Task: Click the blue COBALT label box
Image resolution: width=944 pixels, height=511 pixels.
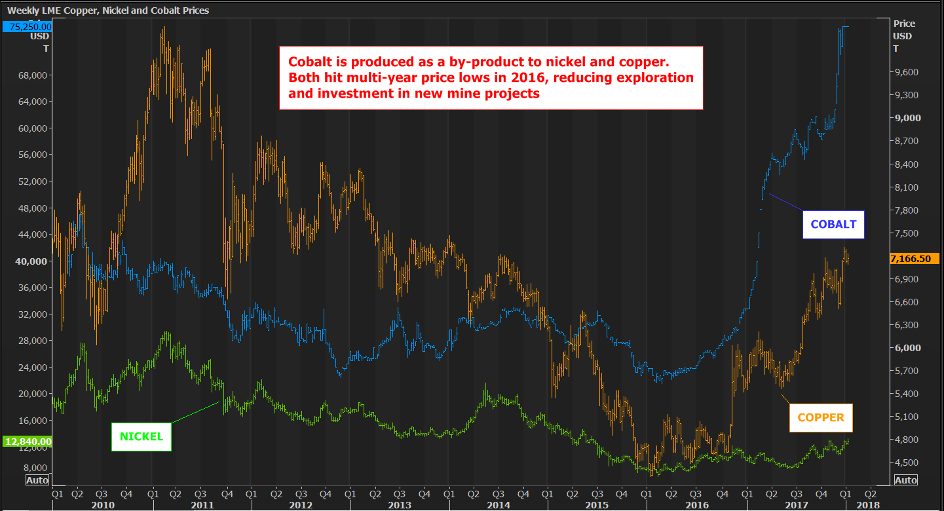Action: click(x=833, y=224)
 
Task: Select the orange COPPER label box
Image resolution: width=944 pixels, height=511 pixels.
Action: click(x=821, y=418)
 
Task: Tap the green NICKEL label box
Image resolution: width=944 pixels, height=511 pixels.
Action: click(x=142, y=436)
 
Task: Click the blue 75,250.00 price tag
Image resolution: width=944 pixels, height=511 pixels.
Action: click(x=27, y=27)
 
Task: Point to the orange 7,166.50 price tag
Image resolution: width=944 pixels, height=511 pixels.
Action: click(x=915, y=259)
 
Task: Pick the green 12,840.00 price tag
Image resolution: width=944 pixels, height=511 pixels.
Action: click(x=27, y=442)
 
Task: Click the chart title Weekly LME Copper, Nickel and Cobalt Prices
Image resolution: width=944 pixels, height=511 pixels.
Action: click(x=108, y=10)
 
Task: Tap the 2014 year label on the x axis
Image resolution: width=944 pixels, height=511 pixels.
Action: click(x=499, y=505)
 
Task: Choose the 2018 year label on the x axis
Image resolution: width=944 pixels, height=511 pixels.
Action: click(x=868, y=505)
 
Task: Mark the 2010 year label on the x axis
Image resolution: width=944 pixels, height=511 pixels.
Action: click(x=103, y=505)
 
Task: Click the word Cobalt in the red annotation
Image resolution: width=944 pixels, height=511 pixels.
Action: click(x=306, y=62)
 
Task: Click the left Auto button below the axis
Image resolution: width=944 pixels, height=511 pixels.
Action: click(x=36, y=480)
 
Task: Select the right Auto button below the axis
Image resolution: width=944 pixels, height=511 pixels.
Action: click(x=905, y=480)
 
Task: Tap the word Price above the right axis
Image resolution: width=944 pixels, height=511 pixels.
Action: click(x=904, y=24)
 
